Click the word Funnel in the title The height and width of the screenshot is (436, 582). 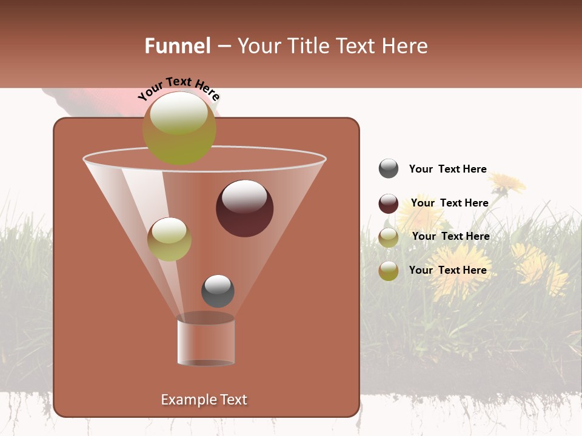click(x=177, y=46)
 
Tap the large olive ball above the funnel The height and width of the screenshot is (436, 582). click(x=179, y=128)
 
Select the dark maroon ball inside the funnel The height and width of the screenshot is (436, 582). click(x=244, y=208)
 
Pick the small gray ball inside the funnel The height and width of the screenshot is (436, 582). click(x=218, y=291)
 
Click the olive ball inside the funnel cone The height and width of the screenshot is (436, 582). click(x=169, y=239)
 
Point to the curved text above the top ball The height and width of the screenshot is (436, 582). click(x=178, y=88)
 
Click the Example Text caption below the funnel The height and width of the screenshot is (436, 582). click(x=204, y=400)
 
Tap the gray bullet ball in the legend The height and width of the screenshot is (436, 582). click(x=388, y=169)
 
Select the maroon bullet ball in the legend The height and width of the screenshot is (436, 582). click(x=388, y=203)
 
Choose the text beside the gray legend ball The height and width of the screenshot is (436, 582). click(x=447, y=170)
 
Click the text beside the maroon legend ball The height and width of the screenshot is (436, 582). click(x=449, y=203)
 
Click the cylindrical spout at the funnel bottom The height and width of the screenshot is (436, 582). click(x=206, y=342)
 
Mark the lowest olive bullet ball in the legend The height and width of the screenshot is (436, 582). click(x=388, y=271)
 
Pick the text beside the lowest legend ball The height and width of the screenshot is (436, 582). click(x=447, y=270)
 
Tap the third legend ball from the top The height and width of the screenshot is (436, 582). click(x=388, y=237)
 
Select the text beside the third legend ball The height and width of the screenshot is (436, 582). click(x=450, y=237)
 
